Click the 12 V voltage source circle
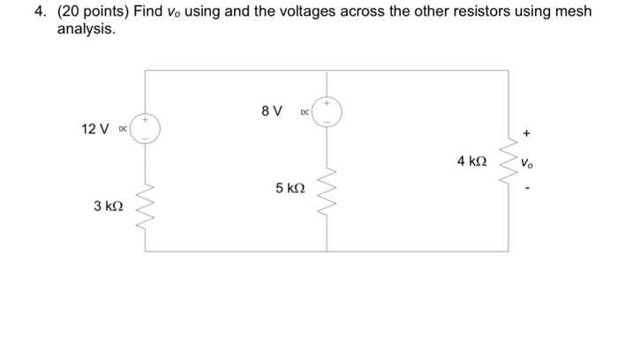[146, 129]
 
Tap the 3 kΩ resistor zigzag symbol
[146, 207]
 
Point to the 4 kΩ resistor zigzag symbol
[508, 161]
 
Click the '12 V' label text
[95, 129]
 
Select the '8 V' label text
[272, 111]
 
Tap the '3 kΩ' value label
[109, 206]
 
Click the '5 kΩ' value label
[290, 188]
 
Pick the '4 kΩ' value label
[471, 161]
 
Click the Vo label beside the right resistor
[527, 162]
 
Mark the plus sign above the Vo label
[527, 135]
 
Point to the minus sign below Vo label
[527, 187]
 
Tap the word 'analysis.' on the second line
[86, 29]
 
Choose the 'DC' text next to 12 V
[123, 130]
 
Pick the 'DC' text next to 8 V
[305, 113]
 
